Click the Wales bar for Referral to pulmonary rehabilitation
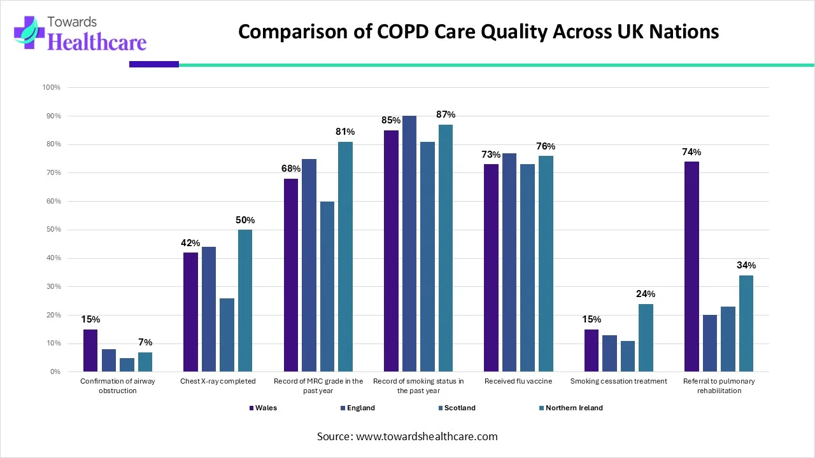pos(691,267)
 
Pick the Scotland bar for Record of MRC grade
pos(327,286)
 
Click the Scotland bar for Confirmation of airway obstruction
pos(127,364)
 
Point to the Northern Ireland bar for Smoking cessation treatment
pos(646,338)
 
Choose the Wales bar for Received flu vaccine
pos(491,268)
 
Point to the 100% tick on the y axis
pos(51,88)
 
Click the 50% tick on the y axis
pos(52,230)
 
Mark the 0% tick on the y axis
pos(54,372)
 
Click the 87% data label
pos(446,114)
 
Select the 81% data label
pos(345,132)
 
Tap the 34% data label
pos(746,265)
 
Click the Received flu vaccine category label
pos(518,381)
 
